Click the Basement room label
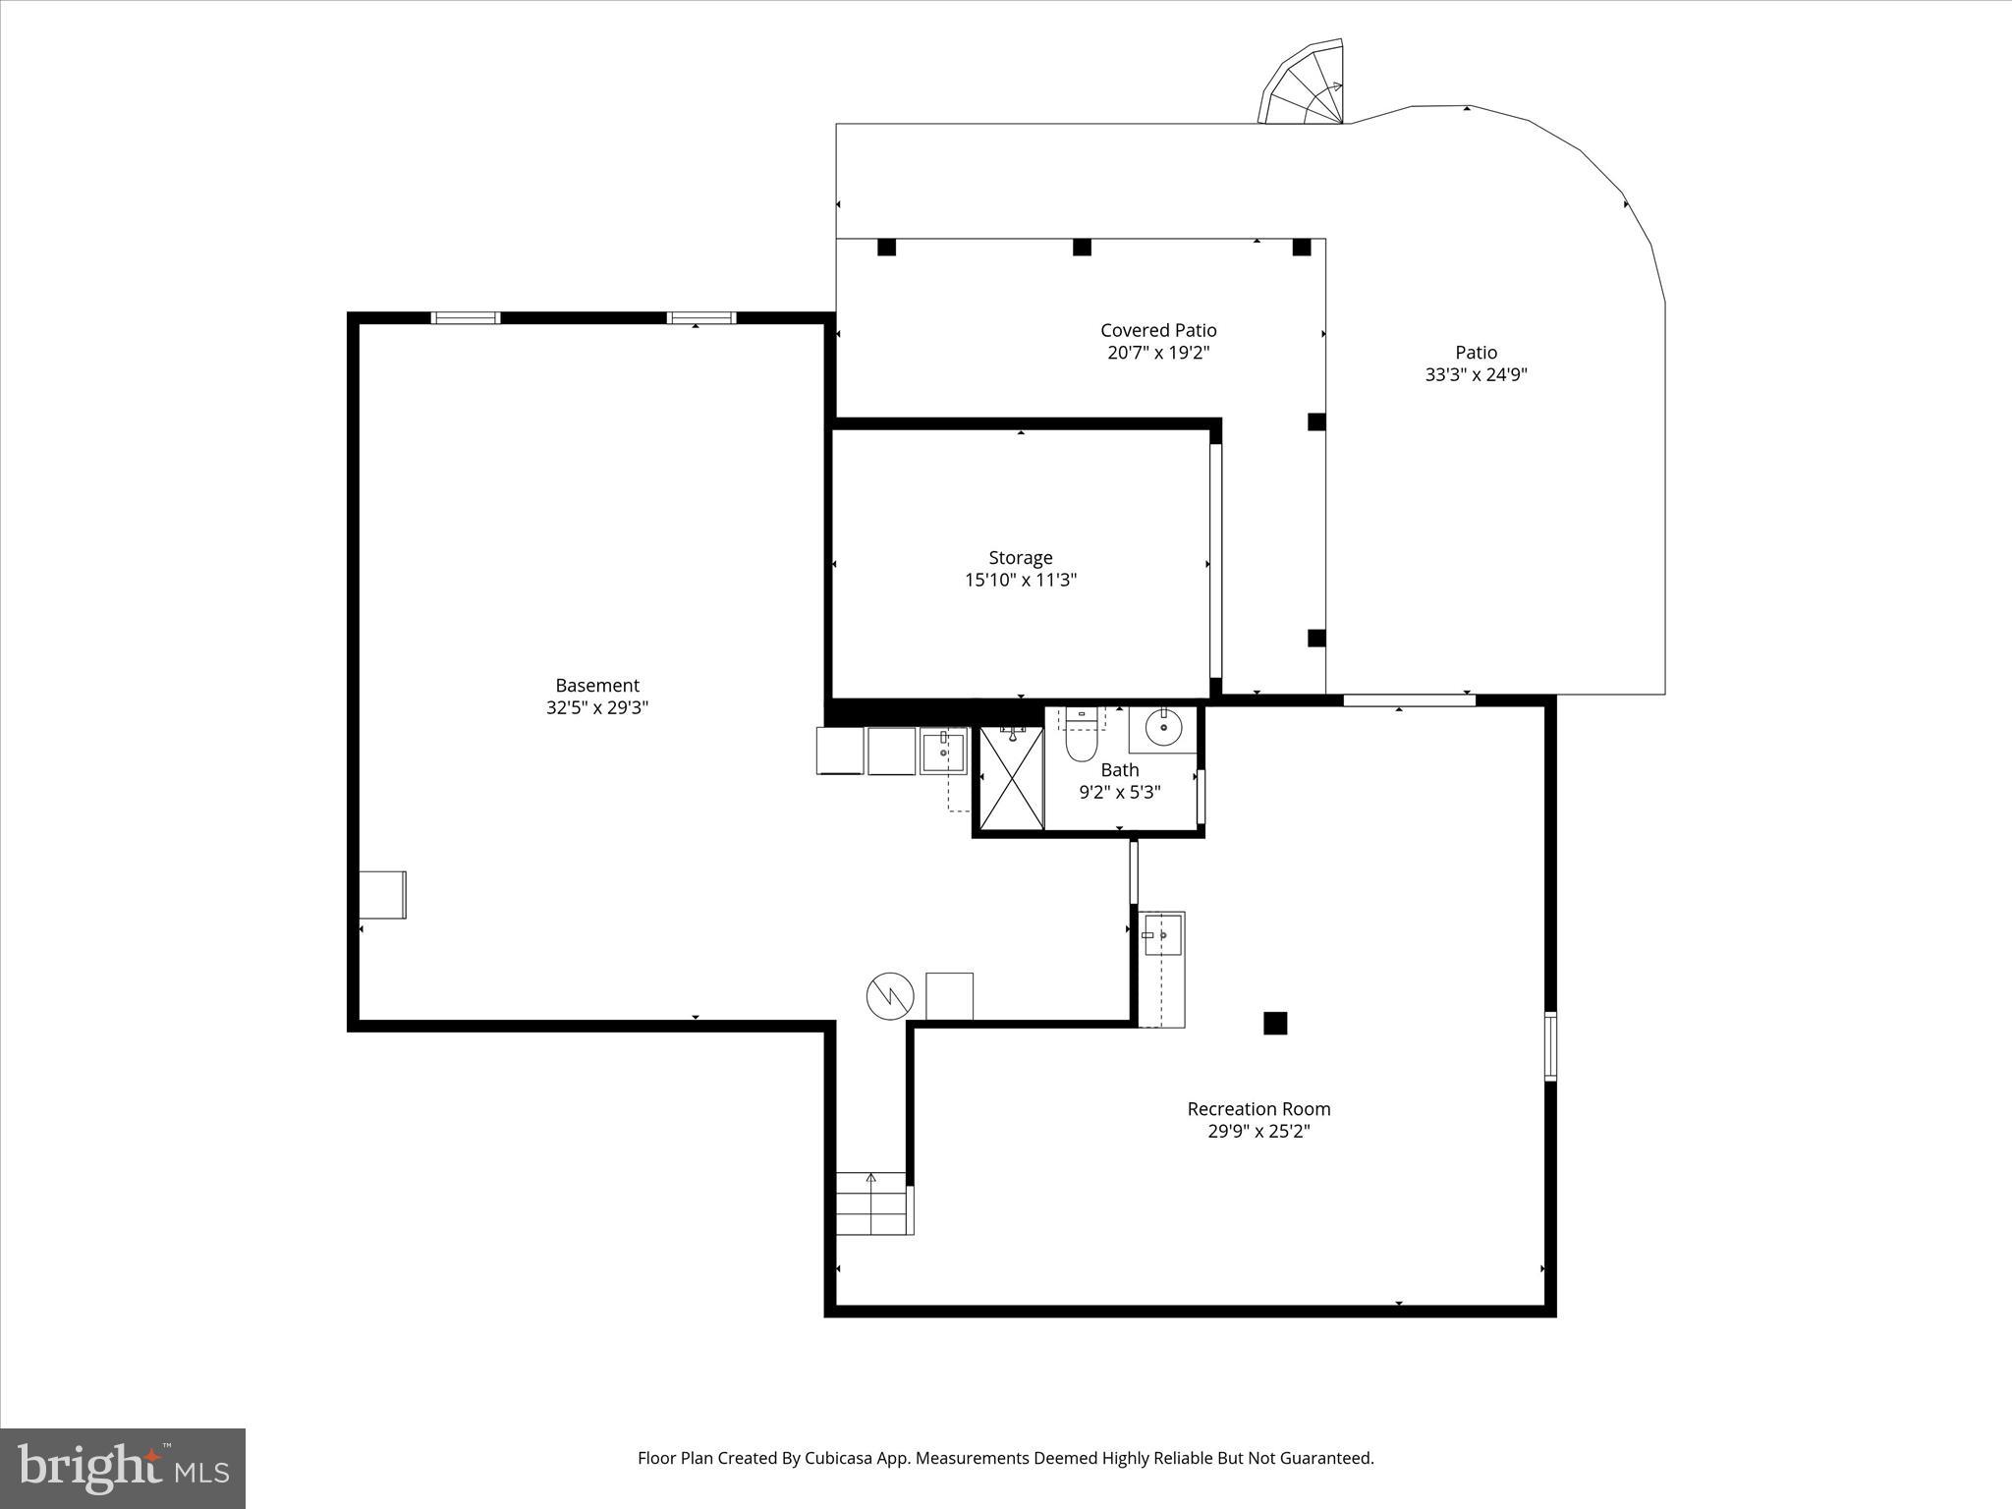[x=597, y=685]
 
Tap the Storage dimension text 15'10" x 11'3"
[x=1021, y=580]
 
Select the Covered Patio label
[x=1158, y=330]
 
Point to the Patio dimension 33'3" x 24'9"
[x=1476, y=374]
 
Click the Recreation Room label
[x=1258, y=1108]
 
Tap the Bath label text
[x=1120, y=769]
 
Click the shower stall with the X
[x=1012, y=779]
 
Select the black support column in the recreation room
[x=1274, y=1023]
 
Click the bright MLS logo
[x=123, y=1469]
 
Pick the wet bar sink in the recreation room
[x=1162, y=935]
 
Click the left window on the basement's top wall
[x=466, y=317]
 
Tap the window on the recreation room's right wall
[x=1549, y=1046]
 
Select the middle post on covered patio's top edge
[x=1082, y=248]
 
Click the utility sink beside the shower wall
[x=943, y=752]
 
